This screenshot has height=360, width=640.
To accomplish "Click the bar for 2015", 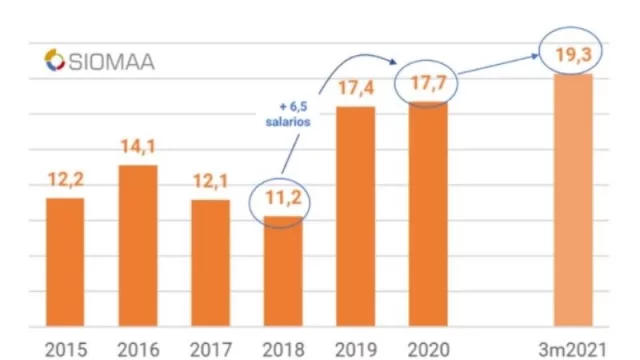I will coord(66,262).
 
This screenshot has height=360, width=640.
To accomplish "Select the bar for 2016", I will coord(138,245).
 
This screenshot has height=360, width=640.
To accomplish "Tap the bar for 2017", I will coord(210,263).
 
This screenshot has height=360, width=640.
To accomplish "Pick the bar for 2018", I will coord(283,271).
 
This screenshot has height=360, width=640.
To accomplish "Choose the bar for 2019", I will coord(355,216).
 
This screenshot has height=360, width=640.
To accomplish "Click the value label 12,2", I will coord(66,180).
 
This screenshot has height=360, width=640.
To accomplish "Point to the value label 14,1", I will coord(138,148).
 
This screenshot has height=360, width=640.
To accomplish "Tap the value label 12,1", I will coord(210,182).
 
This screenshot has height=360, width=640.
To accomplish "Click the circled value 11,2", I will coord(283,197).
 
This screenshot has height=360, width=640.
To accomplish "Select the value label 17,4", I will coord(355,88).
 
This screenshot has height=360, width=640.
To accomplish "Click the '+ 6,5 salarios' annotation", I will coord(293,112).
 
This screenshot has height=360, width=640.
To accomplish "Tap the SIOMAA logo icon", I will coord(54,61).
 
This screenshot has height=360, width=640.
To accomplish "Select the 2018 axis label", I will coord(283,348).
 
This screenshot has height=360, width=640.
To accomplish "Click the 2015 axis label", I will coord(66,348).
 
